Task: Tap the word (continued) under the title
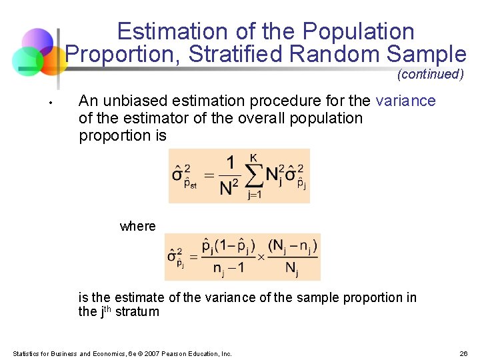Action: tap(430, 74)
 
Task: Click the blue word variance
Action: tap(405, 101)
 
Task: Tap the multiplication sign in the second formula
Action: tap(261, 257)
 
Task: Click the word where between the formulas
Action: tap(137, 226)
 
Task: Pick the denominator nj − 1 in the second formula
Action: tap(228, 269)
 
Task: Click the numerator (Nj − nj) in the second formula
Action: tap(293, 246)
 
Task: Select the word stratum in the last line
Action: tap(137, 311)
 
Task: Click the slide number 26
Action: tap(463, 353)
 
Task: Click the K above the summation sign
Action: tap(254, 157)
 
